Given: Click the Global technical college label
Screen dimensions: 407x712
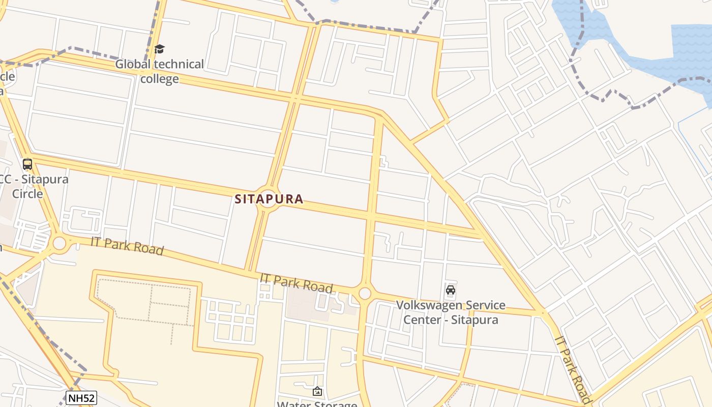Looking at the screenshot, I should coord(159,71).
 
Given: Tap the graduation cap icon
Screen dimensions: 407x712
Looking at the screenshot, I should coord(159,49).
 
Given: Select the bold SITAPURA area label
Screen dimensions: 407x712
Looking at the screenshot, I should coord(269,199).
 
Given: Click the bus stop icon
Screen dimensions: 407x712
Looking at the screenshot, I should coord(27,164).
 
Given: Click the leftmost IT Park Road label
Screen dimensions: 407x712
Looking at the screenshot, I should coord(127,246).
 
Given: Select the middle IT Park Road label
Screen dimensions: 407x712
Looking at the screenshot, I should coord(296,283).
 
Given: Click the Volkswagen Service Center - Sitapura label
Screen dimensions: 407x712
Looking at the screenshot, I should coord(451,312).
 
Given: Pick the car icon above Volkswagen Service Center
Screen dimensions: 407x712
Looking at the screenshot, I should coord(450,290).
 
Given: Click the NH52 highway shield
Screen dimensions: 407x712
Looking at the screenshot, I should coord(81,398).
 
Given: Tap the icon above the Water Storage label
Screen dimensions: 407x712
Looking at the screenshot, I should coord(317,391).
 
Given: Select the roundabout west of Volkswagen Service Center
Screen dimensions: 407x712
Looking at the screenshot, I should coord(365,294).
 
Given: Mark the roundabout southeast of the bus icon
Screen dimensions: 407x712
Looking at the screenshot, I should coord(60,243).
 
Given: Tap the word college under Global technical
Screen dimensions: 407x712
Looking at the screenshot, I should coord(160,79).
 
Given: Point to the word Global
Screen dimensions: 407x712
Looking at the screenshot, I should coord(133,65).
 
